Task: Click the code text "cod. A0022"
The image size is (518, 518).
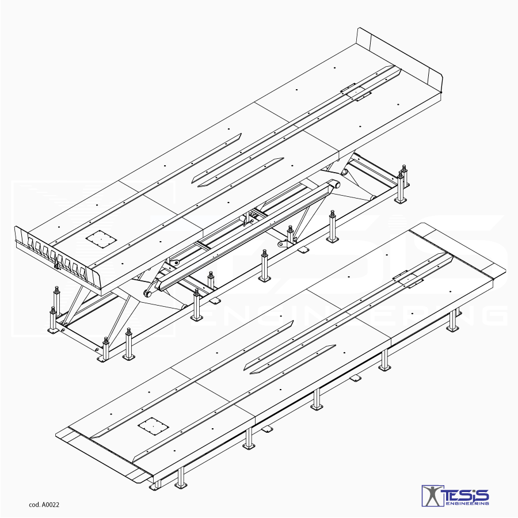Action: (x=44, y=505)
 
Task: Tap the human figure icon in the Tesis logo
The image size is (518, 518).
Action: (x=429, y=496)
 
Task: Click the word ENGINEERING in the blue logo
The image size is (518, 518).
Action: (x=468, y=503)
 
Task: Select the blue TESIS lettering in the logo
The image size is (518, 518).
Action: (x=467, y=494)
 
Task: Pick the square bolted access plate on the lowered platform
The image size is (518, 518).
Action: (x=153, y=427)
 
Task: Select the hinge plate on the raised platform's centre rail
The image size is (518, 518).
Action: (x=355, y=93)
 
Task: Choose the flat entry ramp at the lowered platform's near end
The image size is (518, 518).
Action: (x=104, y=455)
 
